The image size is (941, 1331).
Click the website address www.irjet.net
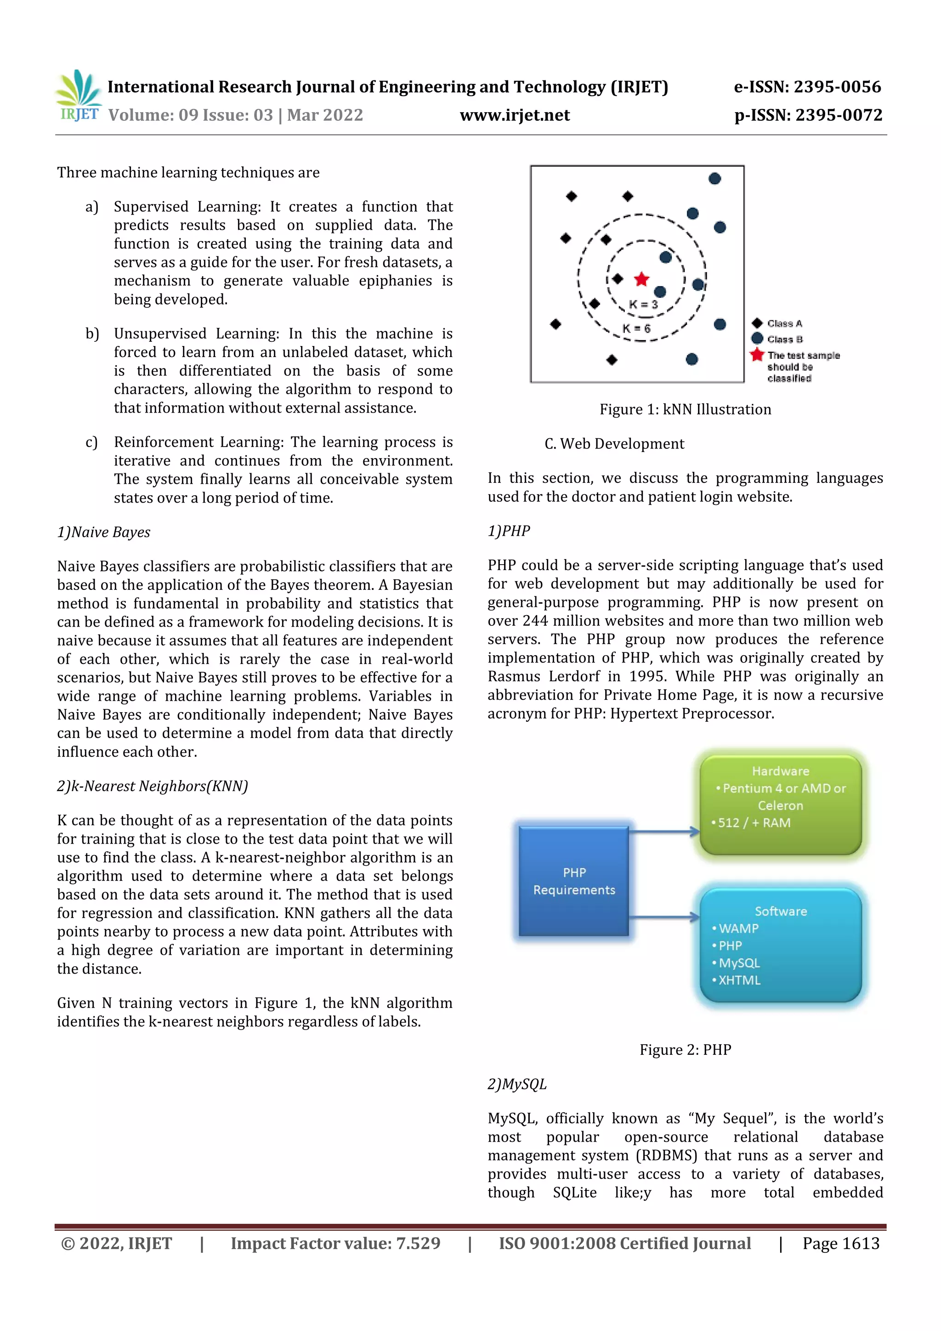tap(514, 115)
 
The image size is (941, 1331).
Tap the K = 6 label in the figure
tap(637, 328)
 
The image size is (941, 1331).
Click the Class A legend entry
tap(777, 323)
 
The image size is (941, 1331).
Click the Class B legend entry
tap(777, 339)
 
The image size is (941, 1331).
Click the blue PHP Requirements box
tap(573, 881)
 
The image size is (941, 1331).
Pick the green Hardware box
tap(780, 804)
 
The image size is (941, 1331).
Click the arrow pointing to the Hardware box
tap(664, 832)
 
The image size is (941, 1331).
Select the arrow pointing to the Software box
tap(664, 917)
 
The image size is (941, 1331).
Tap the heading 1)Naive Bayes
tap(104, 532)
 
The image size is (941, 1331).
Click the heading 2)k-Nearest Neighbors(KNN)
tap(153, 786)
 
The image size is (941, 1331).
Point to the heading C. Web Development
tap(614, 444)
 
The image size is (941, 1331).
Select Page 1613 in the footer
tap(841, 1243)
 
